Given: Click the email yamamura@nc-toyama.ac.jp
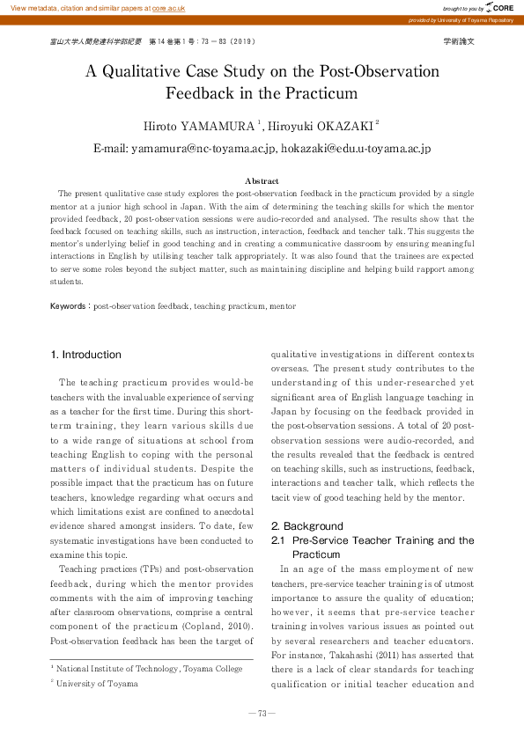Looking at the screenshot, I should click(204, 150).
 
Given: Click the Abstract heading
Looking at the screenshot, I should click(262, 180).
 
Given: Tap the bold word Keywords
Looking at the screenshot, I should click(67, 306).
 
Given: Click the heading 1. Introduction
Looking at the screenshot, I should click(86, 355).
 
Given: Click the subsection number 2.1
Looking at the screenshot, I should click(278, 540).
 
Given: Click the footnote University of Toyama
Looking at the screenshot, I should click(97, 683).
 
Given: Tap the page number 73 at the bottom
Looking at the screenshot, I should click(262, 713).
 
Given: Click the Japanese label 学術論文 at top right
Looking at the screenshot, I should click(459, 41).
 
